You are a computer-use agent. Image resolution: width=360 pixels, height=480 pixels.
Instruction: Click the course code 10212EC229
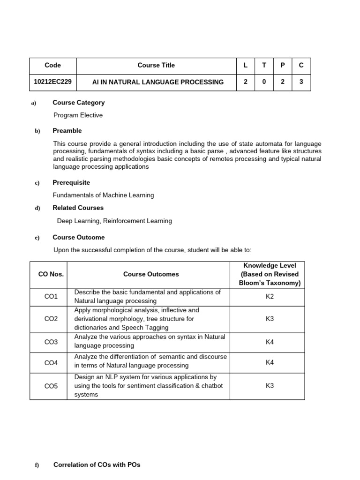pyautogui.click(x=53, y=82)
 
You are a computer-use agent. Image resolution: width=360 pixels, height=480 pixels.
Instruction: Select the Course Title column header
pyautogui.click(x=156, y=66)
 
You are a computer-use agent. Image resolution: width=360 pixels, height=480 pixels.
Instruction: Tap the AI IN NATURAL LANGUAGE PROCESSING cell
pyautogui.click(x=158, y=82)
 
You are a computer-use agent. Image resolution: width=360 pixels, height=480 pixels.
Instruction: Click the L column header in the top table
pyautogui.click(x=245, y=66)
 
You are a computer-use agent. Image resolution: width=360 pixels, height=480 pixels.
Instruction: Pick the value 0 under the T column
pyautogui.click(x=264, y=82)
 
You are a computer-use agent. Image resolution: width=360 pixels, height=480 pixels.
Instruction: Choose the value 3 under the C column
pyautogui.click(x=301, y=82)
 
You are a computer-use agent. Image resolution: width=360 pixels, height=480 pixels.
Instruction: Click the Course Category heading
pyautogui.click(x=78, y=103)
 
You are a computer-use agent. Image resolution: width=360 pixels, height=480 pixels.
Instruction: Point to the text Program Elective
pyautogui.click(x=78, y=115)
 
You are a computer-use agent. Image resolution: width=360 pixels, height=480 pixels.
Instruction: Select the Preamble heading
pyautogui.click(x=67, y=131)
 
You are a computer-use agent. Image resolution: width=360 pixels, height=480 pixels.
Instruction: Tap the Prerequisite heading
pyautogui.click(x=71, y=183)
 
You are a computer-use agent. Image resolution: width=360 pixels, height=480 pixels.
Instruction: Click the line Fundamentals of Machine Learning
pyautogui.click(x=104, y=195)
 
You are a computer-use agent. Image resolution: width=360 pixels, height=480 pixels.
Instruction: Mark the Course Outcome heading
pyautogui.click(x=78, y=238)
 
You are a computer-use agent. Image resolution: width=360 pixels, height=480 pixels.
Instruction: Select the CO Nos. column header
pyautogui.click(x=48, y=274)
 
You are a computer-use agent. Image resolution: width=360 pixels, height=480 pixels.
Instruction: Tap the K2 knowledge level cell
pyautogui.click(x=270, y=297)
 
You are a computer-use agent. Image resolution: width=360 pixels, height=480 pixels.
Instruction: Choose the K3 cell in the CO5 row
pyautogui.click(x=270, y=386)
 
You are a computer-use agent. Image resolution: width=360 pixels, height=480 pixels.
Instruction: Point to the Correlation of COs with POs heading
pyautogui.click(x=97, y=465)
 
